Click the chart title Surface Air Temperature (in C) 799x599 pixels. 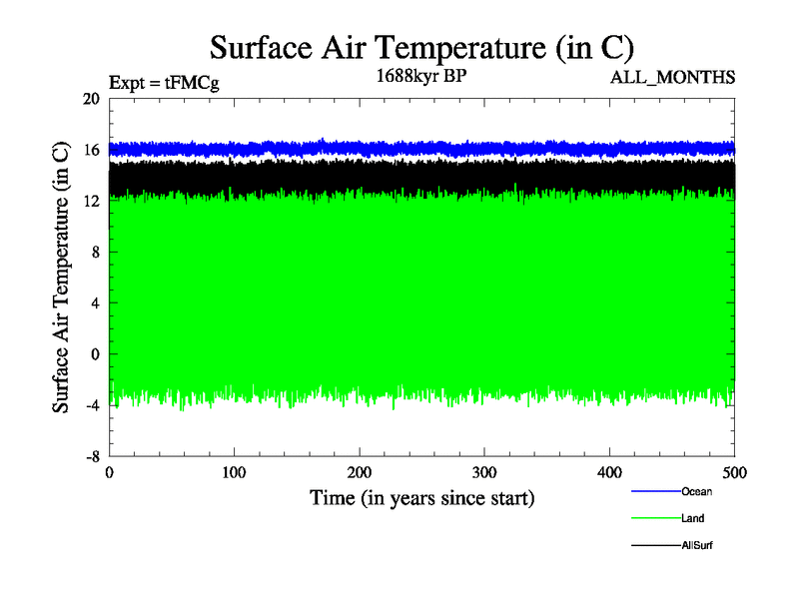coord(421,48)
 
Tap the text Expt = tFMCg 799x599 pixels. coord(163,83)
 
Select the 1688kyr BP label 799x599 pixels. coord(422,75)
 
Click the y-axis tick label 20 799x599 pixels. coord(91,99)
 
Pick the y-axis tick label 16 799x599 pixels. coord(91,150)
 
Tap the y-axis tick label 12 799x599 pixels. coord(91,201)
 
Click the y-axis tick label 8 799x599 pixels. coord(95,252)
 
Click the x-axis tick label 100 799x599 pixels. coord(234,471)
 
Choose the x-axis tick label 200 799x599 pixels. coord(360,471)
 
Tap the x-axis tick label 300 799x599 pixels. coord(484,471)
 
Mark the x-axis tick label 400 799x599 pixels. coord(609,471)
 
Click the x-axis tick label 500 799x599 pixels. coord(734,471)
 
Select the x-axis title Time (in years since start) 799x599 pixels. coord(421,497)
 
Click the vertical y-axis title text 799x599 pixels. coord(61,278)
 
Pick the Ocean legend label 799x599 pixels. coord(696,491)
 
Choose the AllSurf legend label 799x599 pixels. coord(697,545)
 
